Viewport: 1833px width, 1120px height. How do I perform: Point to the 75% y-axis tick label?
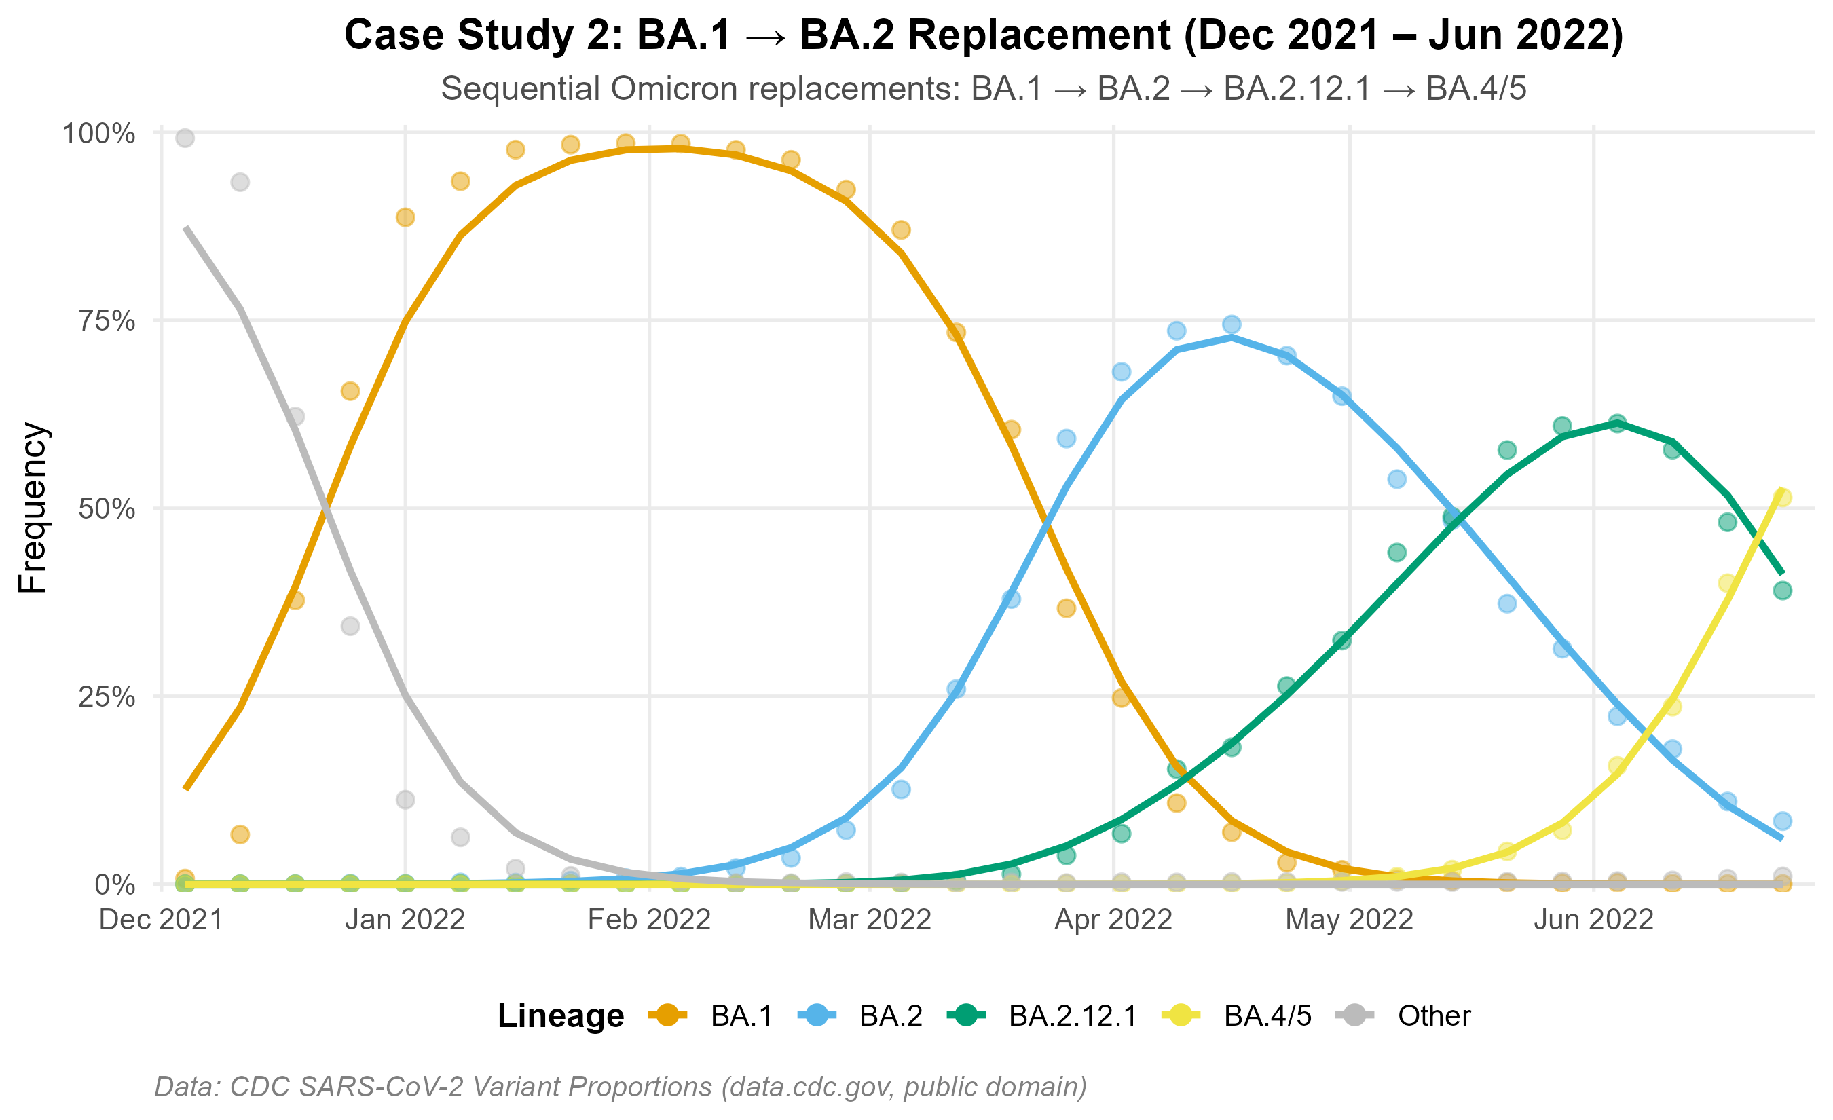coord(107,321)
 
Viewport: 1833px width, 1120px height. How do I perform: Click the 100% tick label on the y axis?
coord(99,134)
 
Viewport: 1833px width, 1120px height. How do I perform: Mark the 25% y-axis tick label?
coord(107,697)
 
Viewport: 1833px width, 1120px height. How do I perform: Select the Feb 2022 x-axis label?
coord(649,920)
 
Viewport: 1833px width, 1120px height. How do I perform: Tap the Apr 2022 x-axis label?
coord(1113,920)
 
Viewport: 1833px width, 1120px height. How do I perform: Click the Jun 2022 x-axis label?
coord(1593,920)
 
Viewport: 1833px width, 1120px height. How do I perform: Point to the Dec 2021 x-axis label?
coord(162,920)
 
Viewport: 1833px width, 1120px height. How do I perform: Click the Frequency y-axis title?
coord(33,508)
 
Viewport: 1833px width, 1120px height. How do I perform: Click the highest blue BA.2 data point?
coord(1232,324)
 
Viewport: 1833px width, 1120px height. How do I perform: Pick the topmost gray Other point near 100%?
coord(185,138)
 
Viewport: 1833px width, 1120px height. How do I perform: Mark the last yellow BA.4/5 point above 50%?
coord(1782,498)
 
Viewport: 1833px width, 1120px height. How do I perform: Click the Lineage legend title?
coord(561,1016)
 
